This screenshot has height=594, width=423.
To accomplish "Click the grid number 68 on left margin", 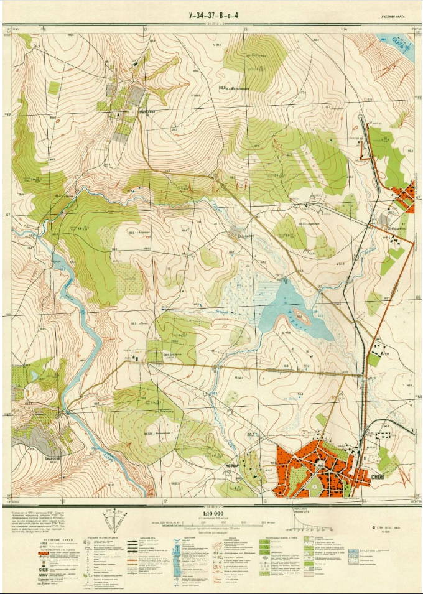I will point(8,115).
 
